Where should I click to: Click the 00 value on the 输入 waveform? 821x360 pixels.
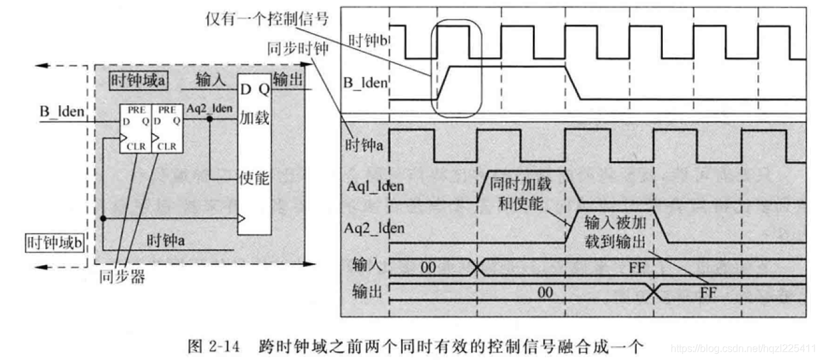[x=428, y=268]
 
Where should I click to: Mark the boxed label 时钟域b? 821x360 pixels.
[x=55, y=243]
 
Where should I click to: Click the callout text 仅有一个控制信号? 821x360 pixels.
[x=266, y=19]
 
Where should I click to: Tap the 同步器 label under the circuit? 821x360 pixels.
[x=122, y=277]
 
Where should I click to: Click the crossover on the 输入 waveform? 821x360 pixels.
[x=477, y=268]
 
